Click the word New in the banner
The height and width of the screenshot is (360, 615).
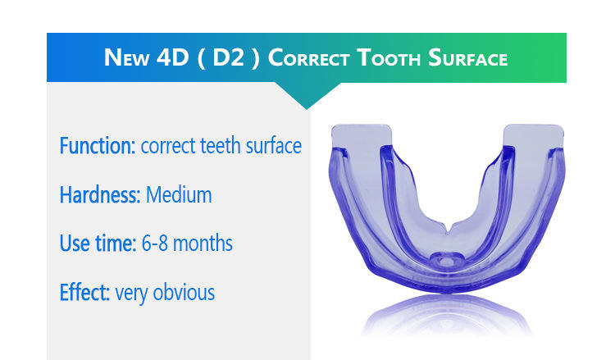point(126,57)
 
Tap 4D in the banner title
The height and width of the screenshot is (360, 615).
point(172,57)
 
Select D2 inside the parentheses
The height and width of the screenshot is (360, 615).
point(229,57)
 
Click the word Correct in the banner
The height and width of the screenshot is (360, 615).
point(308,57)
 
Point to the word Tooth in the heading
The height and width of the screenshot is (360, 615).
point(389,57)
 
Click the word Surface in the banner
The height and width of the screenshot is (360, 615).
point(468,57)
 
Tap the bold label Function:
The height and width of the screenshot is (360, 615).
point(98,146)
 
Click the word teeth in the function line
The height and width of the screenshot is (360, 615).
point(221,146)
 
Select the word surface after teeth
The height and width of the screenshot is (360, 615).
point(274,146)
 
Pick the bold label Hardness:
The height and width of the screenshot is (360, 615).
point(100,195)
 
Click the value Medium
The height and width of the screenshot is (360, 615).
point(179,195)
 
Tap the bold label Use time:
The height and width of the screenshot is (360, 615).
point(98,244)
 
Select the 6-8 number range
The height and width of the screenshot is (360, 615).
point(154,244)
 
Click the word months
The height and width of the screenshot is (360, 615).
point(203,244)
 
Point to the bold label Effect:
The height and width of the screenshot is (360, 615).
point(84,293)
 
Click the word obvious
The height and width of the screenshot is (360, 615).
point(184,293)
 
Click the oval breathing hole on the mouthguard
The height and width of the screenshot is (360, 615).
point(447,260)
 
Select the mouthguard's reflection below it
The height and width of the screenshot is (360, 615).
point(446,316)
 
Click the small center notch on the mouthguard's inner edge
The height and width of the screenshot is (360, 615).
point(448,227)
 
